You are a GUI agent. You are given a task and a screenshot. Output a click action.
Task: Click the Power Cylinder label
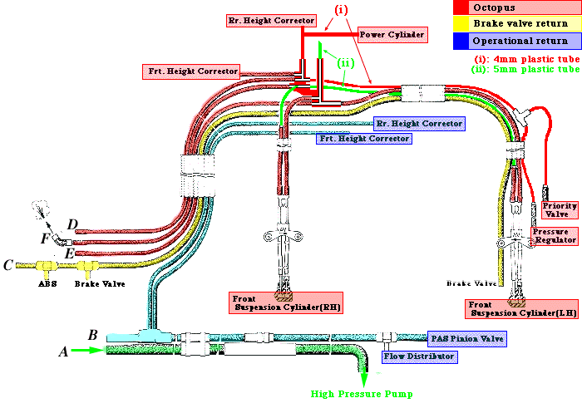tap(393, 35)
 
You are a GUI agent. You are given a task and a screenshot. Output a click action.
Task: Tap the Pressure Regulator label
tap(554, 236)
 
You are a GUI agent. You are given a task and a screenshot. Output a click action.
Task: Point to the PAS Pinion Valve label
tap(466, 338)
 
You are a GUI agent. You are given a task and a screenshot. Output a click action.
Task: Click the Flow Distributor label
tap(419, 356)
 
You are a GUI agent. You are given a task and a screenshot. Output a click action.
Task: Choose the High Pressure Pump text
tap(362, 393)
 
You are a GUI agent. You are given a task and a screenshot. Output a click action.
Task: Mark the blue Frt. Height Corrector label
tap(363, 139)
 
